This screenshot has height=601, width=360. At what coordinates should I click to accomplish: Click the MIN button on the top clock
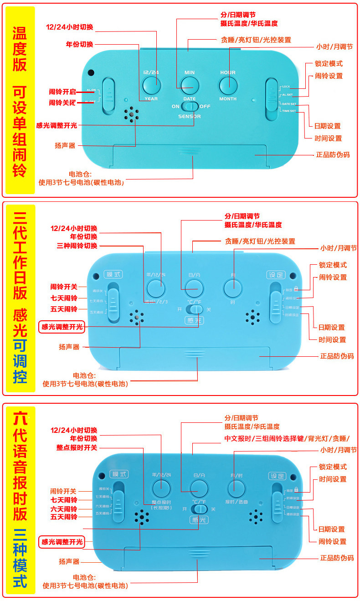point(190,85)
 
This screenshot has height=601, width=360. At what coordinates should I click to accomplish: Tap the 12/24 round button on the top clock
point(151,85)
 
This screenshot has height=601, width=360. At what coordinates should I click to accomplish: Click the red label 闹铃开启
point(63,91)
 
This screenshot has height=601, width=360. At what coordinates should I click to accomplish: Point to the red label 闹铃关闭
point(63,103)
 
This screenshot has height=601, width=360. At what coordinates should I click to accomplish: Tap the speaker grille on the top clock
point(132,115)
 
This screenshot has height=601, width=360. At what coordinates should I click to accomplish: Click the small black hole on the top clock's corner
point(91,72)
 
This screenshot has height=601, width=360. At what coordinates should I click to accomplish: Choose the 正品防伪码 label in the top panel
point(333,154)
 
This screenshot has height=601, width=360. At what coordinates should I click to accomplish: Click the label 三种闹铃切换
point(77,246)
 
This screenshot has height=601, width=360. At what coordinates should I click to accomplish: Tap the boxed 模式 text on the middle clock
point(113,275)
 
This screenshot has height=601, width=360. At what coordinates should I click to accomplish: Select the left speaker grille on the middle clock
point(137,318)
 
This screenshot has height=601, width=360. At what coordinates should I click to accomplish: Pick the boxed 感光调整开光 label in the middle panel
point(62,327)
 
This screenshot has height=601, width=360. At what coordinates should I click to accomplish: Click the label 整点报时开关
point(77,447)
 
